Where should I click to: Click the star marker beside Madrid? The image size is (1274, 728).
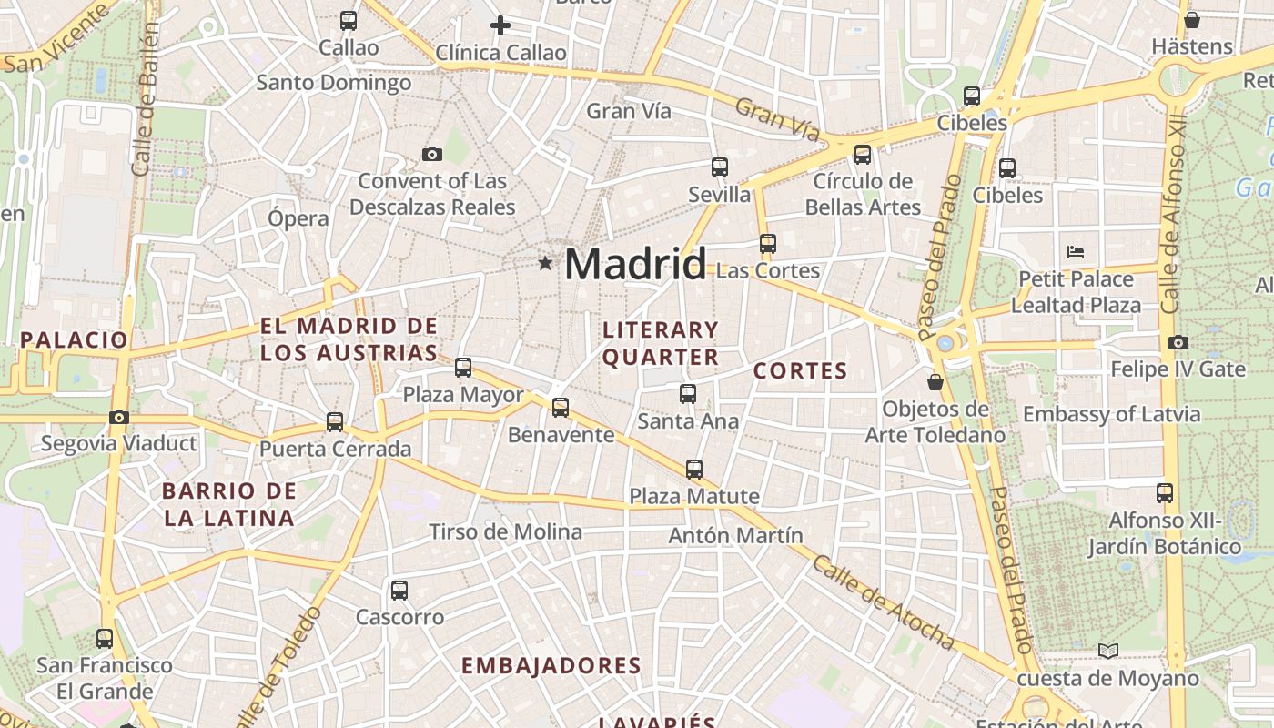coord(545,263)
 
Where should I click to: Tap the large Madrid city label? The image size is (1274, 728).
coord(635,264)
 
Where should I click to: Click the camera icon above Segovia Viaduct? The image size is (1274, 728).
coord(119,418)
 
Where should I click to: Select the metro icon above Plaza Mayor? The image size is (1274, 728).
coord(463,368)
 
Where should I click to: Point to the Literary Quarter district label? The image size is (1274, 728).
coord(661,343)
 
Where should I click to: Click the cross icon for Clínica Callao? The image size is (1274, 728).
coord(500,25)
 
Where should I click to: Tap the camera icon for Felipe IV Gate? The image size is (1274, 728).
coord(1178,343)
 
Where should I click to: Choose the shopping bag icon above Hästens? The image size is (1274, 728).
coord(1192,20)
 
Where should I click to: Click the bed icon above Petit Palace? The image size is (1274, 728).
coord(1076,251)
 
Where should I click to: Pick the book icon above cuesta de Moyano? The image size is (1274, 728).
coord(1107,651)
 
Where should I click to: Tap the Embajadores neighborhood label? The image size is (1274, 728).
coord(551,665)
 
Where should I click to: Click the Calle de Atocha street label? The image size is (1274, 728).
coord(883,602)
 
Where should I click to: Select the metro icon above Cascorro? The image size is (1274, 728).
coord(399,590)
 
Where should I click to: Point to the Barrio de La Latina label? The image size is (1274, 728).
coord(228,504)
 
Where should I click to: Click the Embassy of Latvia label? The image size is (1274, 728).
coord(1111,415)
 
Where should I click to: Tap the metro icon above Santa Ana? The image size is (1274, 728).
coord(688,394)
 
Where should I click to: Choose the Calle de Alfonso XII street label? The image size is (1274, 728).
coord(1173,214)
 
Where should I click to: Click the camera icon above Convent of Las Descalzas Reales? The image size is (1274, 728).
coord(432,155)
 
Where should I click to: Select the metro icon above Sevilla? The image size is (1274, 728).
coord(720,167)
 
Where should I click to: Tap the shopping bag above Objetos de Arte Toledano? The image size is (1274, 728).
coord(935,382)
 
